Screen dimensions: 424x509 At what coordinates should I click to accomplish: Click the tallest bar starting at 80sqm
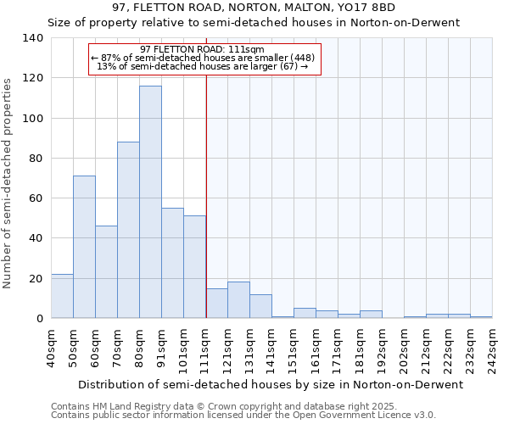150,202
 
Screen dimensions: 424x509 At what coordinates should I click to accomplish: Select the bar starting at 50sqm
84,247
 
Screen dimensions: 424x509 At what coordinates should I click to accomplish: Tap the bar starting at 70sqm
128,230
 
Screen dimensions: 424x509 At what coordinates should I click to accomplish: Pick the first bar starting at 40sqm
62,296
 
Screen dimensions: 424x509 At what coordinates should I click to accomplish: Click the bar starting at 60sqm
106,271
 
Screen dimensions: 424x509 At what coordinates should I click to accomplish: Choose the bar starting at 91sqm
172,263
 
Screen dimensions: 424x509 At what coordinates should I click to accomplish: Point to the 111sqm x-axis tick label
205,348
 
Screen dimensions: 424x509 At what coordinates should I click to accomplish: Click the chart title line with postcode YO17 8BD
254,8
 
